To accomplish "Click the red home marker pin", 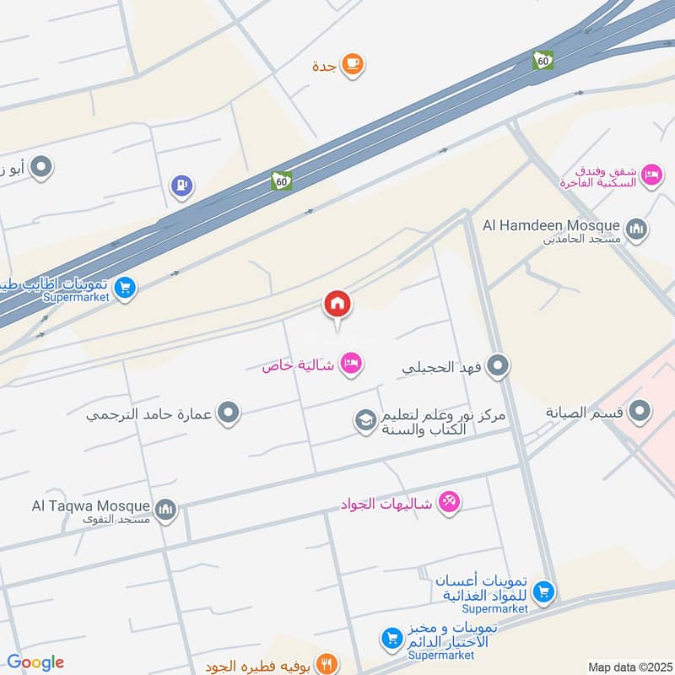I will [x=337, y=304].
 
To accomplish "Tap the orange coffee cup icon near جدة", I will [x=352, y=64].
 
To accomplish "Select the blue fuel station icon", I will [x=181, y=186].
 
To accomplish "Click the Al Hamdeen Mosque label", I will [x=551, y=225].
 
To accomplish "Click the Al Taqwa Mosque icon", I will [x=165, y=509].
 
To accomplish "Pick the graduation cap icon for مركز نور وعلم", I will [x=364, y=421].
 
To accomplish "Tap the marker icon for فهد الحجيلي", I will [x=499, y=366].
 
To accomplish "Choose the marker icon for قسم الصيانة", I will [x=641, y=413].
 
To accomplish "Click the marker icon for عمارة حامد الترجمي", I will [x=229, y=413].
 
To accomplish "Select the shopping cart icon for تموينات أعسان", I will [x=544, y=592].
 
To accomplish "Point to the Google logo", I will [x=35, y=662].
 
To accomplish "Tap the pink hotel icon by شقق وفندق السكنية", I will [x=651, y=175].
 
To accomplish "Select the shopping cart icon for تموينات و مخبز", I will [x=391, y=640].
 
